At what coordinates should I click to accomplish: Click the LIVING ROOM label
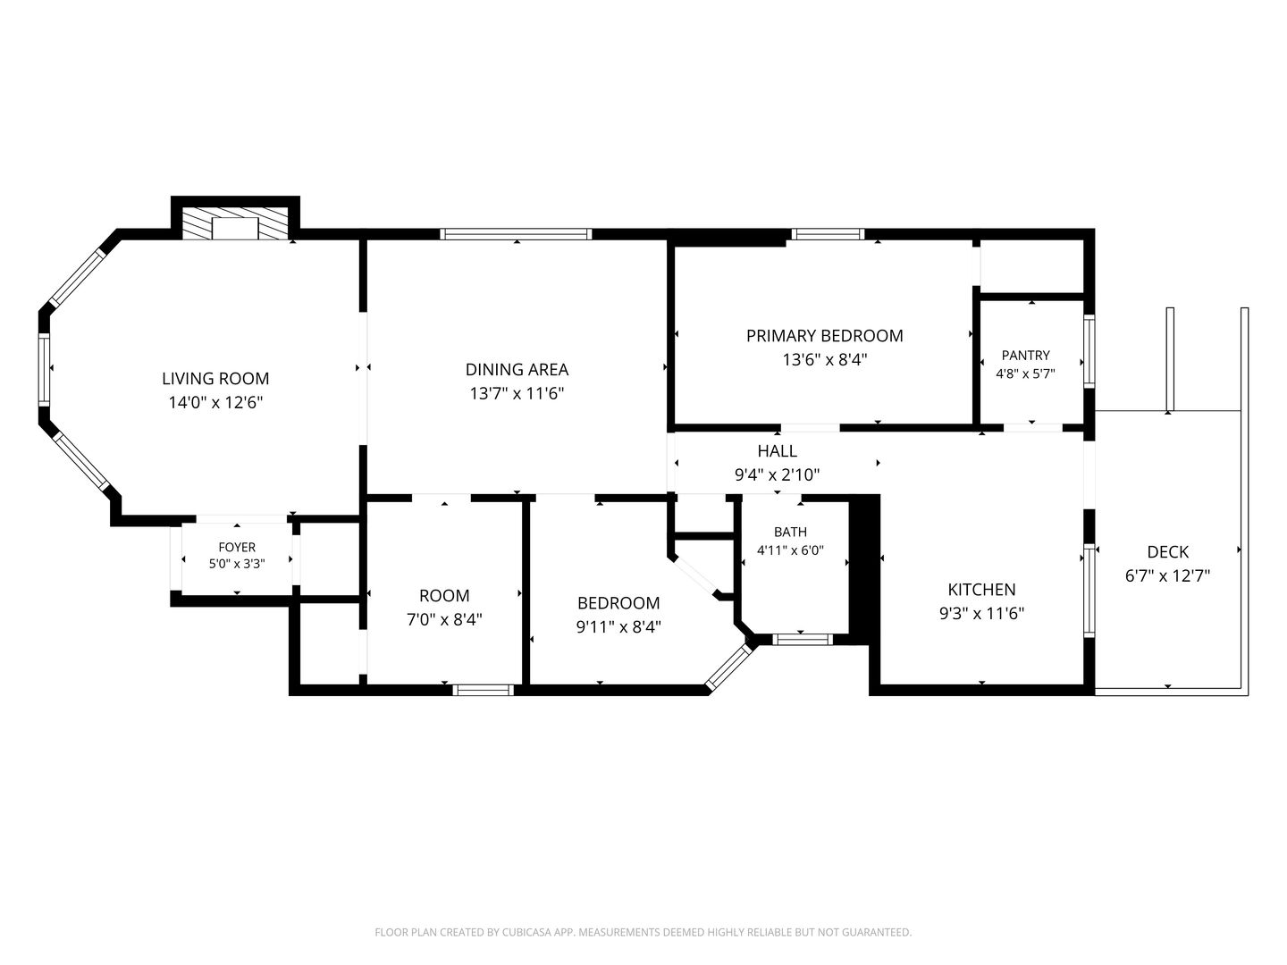click(215, 379)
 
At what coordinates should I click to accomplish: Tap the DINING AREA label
click(517, 370)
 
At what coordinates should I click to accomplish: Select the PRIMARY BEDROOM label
click(824, 336)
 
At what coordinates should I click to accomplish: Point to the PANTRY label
click(1025, 355)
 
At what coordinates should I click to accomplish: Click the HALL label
click(777, 451)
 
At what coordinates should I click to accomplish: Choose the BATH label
click(790, 532)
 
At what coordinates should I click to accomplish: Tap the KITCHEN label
click(981, 590)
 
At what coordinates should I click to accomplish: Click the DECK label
click(1167, 552)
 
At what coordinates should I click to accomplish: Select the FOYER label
click(237, 547)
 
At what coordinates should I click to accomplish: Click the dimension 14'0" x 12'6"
click(215, 402)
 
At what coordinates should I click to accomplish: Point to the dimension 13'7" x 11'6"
click(517, 393)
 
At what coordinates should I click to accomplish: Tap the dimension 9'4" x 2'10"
click(777, 474)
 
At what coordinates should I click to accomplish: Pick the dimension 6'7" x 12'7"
click(1167, 576)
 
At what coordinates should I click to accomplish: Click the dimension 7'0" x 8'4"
click(444, 619)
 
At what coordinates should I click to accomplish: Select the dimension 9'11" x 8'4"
click(618, 627)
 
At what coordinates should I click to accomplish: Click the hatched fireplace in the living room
click(235, 223)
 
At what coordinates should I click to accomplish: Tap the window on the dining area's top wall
click(516, 234)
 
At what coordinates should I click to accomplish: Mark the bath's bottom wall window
click(802, 639)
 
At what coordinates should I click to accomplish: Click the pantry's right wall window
click(1089, 351)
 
